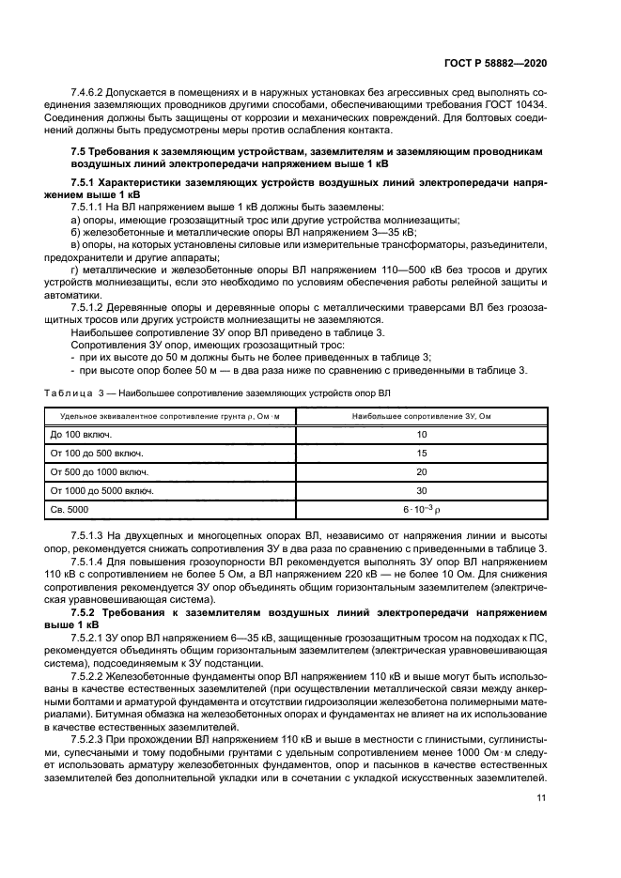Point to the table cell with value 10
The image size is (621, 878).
421,435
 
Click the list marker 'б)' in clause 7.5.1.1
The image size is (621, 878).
76,232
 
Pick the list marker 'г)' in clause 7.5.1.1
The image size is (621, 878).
75,269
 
